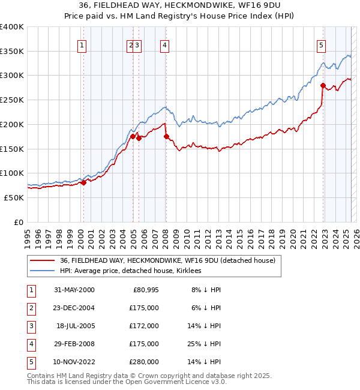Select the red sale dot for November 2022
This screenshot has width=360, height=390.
[x=323, y=85]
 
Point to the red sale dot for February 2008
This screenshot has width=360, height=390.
[x=166, y=136]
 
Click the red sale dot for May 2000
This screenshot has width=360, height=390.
[x=84, y=182]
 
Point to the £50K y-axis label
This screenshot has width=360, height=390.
[x=14, y=197]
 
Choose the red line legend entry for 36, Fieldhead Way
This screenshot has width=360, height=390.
[x=167, y=260]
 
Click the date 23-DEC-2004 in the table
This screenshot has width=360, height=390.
[x=74, y=307]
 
